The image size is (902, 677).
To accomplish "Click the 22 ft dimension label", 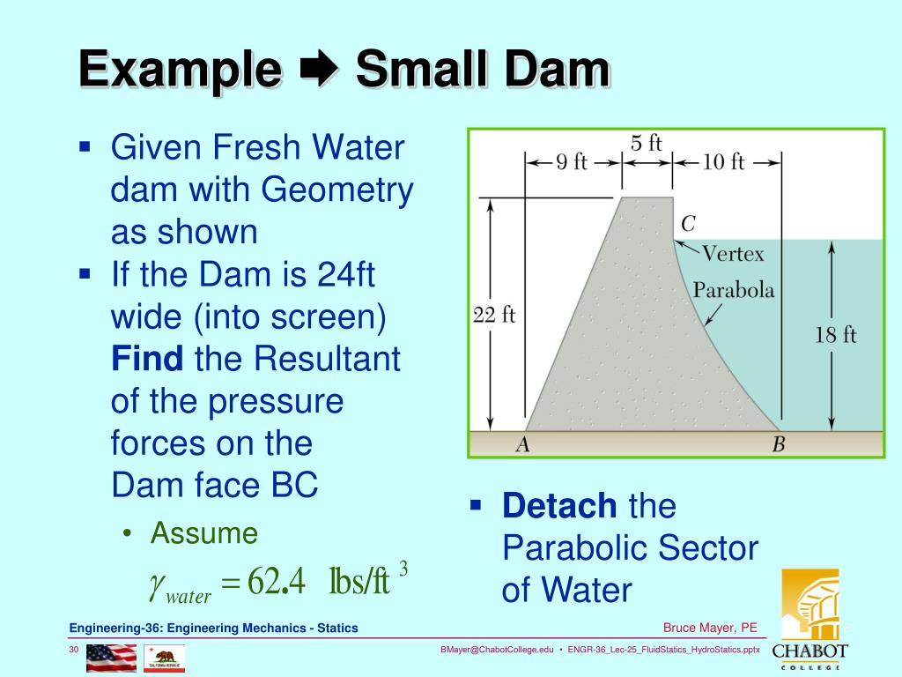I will (494, 316).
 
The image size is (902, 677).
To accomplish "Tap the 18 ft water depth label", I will (835, 334).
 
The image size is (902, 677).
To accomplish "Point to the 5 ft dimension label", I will (647, 142).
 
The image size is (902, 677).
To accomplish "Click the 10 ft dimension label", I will (724, 162).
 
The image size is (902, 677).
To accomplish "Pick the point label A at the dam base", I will (522, 445).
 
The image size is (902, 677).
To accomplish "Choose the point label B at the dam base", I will (778, 445).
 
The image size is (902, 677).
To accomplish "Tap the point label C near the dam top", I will (688, 224).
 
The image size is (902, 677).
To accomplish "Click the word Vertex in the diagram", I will (733, 254).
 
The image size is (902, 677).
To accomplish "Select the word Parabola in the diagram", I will (734, 290).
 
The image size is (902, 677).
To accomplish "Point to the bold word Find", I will (147, 360).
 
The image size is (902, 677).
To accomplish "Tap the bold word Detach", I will (559, 506).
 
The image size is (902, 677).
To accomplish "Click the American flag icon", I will (111, 658).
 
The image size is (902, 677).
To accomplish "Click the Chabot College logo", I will (810, 617).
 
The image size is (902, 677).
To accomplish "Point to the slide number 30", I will (75, 650).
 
